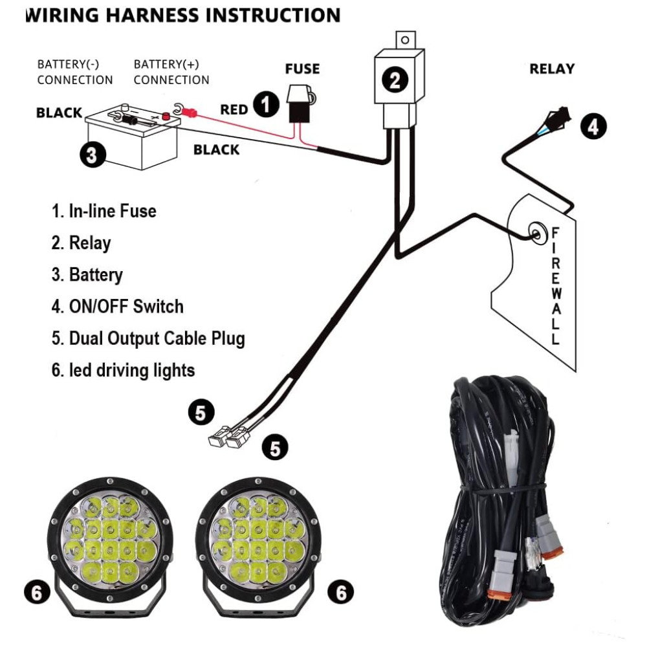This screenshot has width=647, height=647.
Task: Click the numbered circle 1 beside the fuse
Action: tap(266, 104)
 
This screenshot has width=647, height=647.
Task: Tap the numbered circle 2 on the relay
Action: tap(395, 80)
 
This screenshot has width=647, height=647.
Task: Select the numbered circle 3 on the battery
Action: tap(93, 155)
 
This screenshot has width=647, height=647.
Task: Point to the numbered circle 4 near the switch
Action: tap(593, 126)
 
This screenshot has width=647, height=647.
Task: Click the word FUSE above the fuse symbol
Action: tap(302, 69)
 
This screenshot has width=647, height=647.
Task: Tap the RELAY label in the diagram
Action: tap(552, 69)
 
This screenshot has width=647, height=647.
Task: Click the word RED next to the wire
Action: tap(234, 110)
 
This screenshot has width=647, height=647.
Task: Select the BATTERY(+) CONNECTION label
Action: tap(171, 72)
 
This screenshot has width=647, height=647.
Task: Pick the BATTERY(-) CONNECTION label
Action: tap(74, 72)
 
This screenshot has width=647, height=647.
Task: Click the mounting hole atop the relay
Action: tap(405, 40)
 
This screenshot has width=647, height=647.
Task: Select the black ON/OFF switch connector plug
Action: tap(559, 115)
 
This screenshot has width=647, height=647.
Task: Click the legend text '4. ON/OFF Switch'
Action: tap(118, 307)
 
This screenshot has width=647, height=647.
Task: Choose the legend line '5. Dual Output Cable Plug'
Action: tap(148, 339)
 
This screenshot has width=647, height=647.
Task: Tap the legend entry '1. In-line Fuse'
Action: tap(104, 212)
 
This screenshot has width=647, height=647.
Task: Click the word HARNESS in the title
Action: tap(152, 16)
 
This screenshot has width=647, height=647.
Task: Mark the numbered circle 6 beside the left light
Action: tap(37, 592)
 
